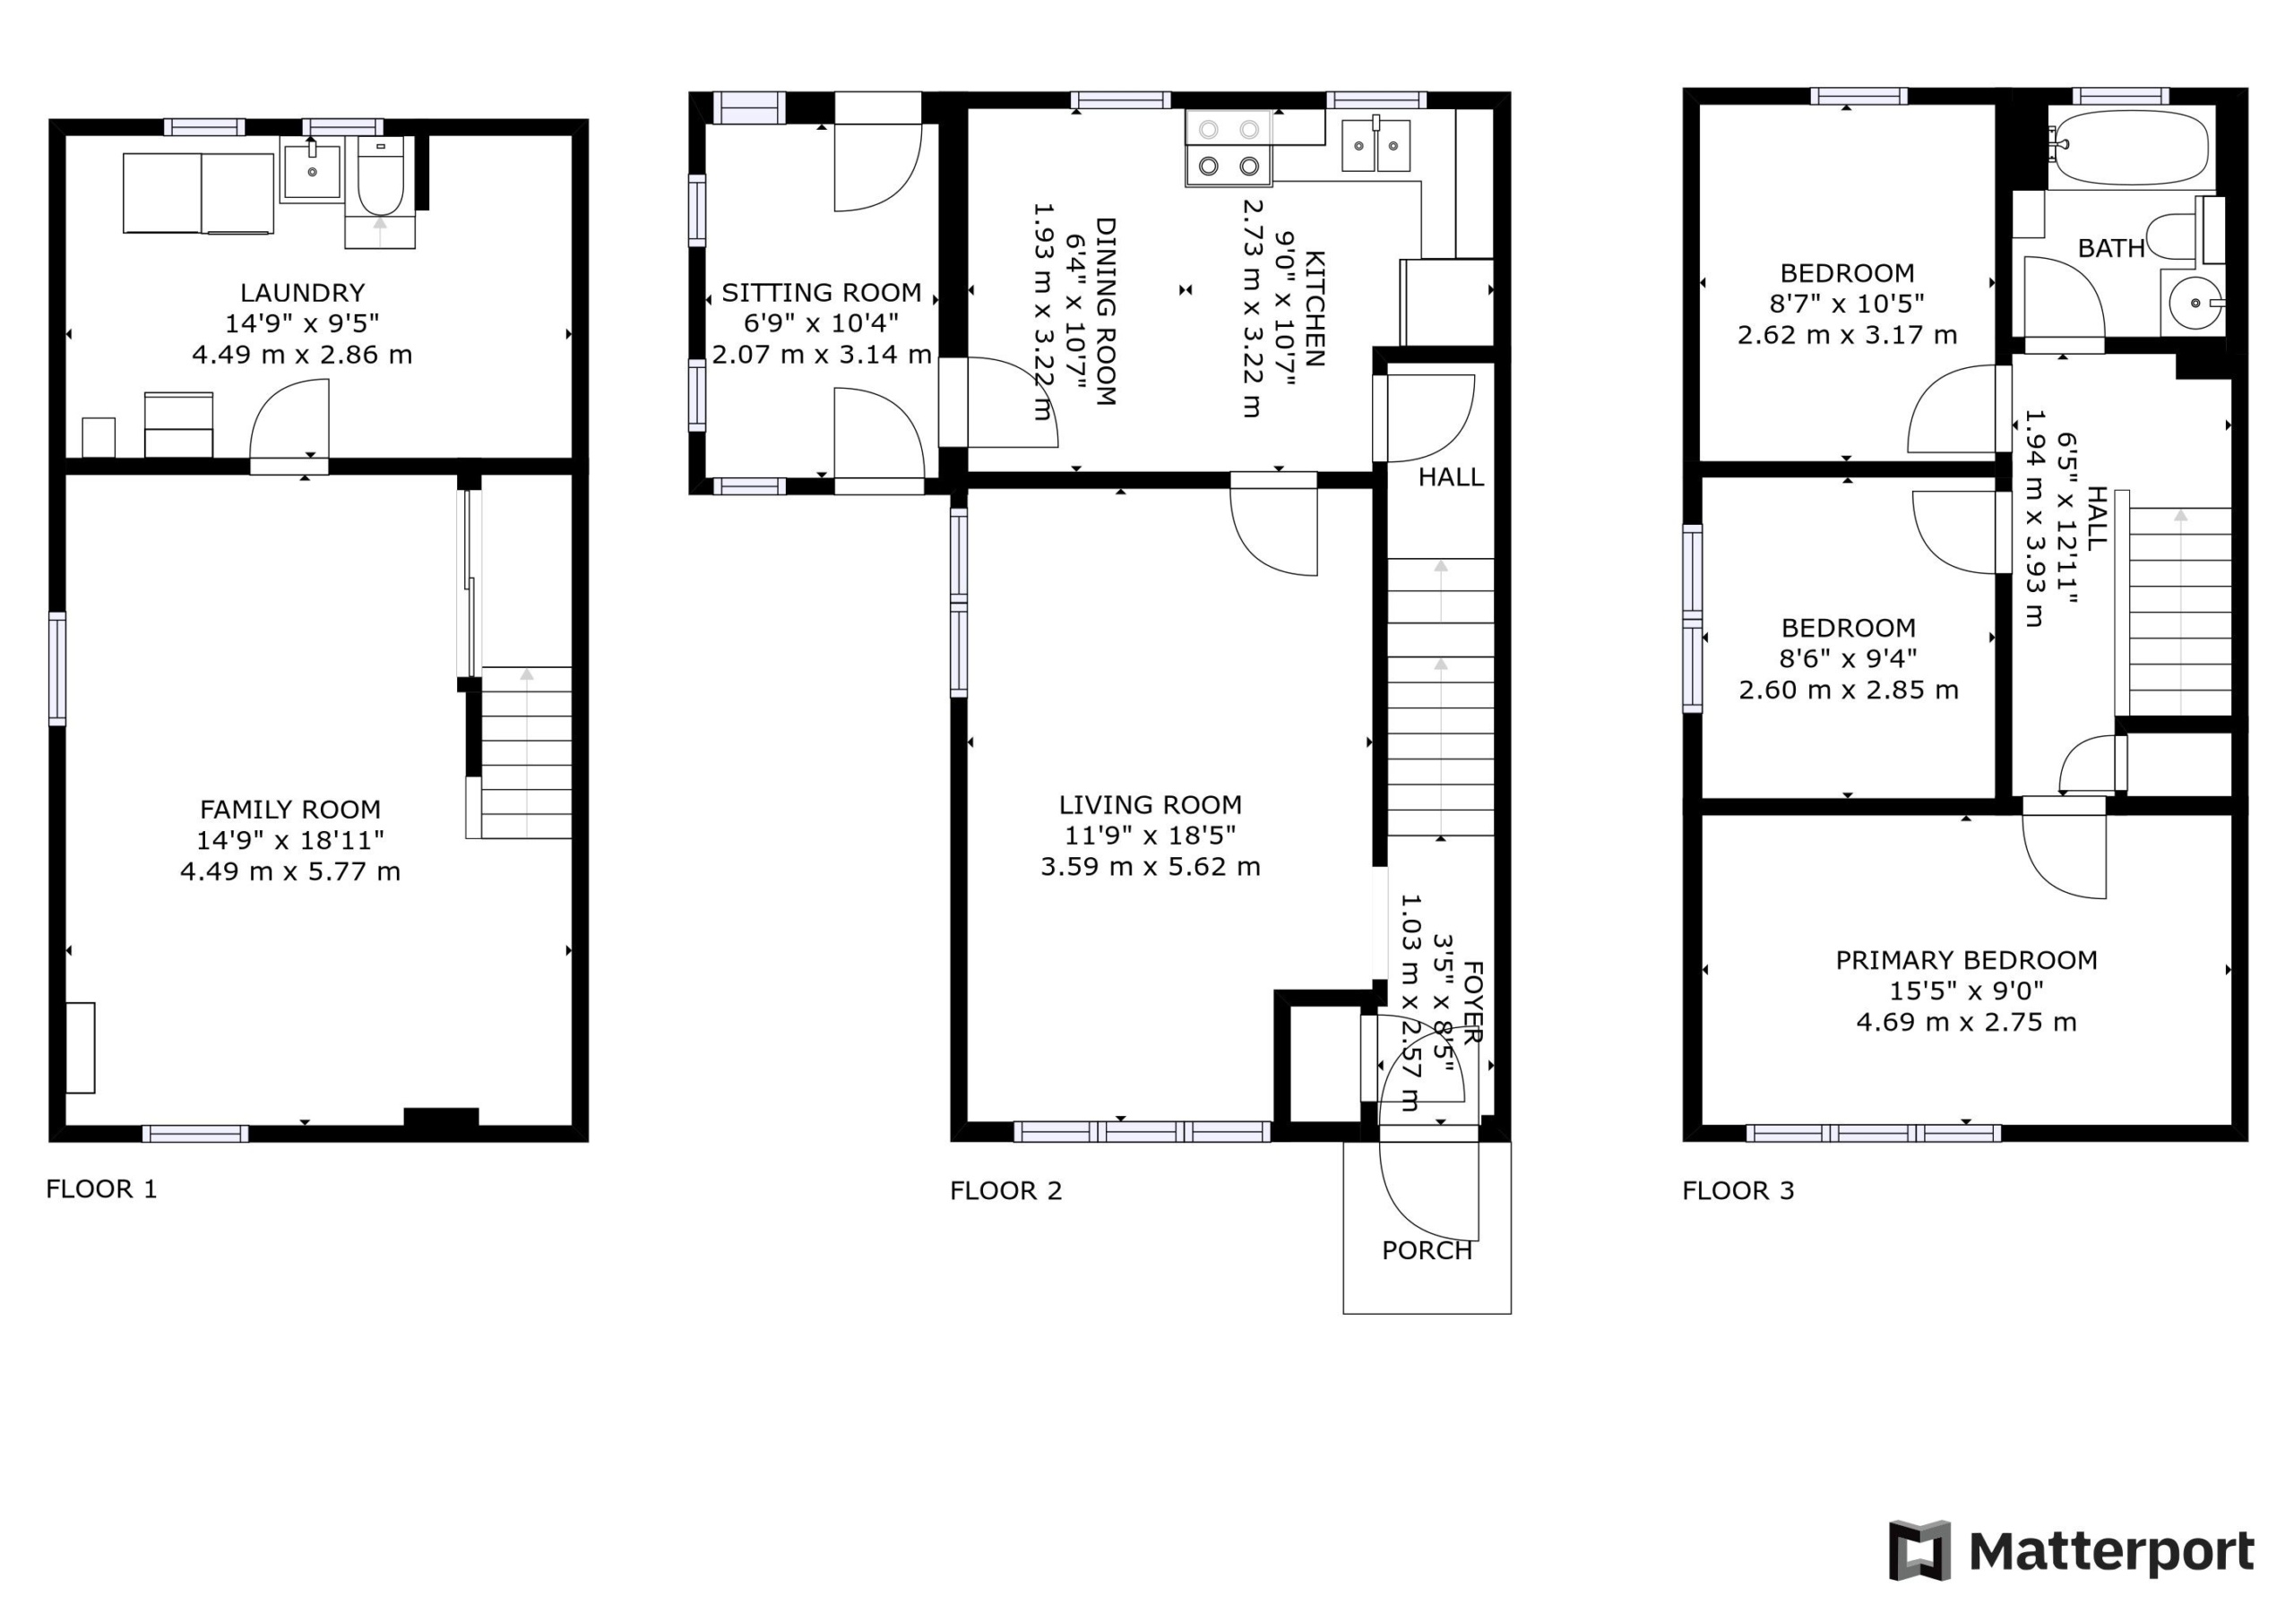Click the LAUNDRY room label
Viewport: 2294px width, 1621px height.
pos(302,293)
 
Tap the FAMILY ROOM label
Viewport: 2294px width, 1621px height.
pos(289,809)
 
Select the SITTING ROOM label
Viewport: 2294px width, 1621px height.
pos(822,293)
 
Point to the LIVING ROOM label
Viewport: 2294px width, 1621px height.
pos(1150,805)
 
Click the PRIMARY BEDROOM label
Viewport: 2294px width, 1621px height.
pos(1966,961)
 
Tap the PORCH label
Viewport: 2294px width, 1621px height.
pos(1427,1250)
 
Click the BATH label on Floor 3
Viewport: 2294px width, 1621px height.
pos(2111,249)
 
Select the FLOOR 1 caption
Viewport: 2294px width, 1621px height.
pos(102,1188)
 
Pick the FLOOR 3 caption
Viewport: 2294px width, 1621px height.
pos(1738,1190)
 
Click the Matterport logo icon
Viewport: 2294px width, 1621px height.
pos(1919,1551)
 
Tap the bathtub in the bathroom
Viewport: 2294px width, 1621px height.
pos(2130,148)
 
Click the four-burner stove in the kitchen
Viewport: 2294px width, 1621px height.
pos(1229,148)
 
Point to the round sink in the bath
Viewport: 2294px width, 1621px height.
pos(2195,302)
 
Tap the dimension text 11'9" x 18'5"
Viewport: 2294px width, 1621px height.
pos(1150,835)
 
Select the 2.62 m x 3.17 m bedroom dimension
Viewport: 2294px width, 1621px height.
pos(1846,335)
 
